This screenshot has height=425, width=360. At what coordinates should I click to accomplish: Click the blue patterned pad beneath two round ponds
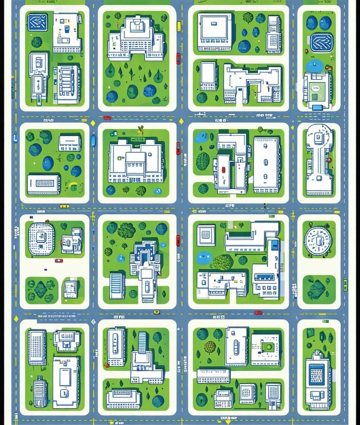[x=321, y=42]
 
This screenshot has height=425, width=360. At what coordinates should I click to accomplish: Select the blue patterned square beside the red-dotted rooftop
[x=38, y=22]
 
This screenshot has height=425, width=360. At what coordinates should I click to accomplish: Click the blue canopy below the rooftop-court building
[x=317, y=108]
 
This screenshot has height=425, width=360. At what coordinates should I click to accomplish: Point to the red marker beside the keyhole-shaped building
[x=329, y=160]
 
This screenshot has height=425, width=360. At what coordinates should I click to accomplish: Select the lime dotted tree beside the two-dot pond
[x=223, y=262]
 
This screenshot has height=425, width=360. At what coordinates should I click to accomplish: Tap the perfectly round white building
[x=318, y=241]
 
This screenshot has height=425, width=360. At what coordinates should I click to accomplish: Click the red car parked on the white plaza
[x=59, y=261]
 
